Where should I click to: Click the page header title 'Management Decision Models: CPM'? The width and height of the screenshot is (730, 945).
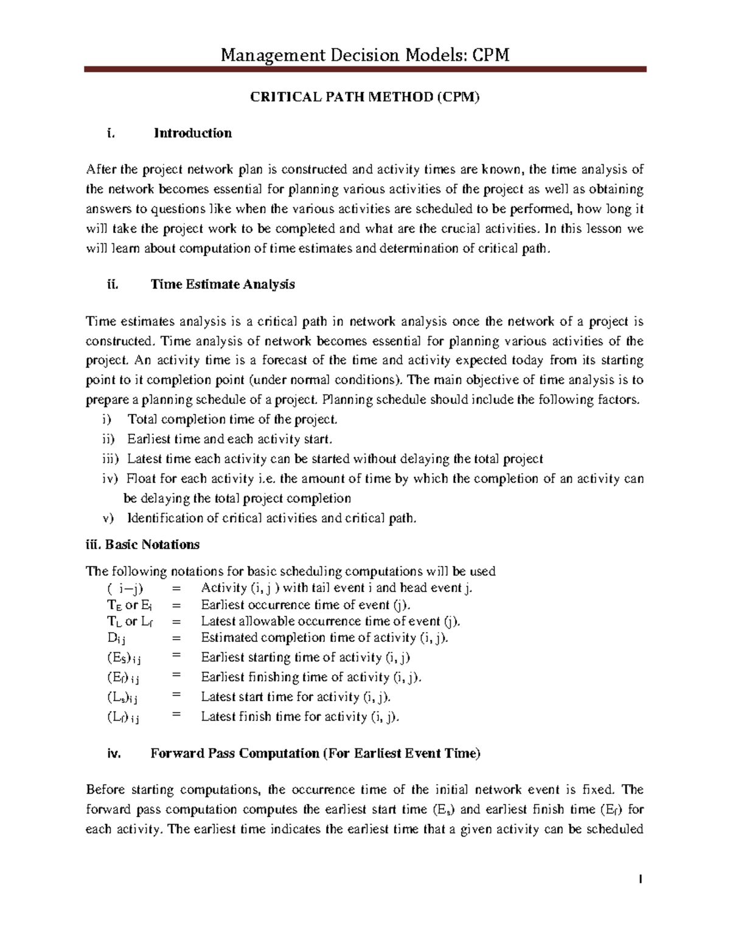364,55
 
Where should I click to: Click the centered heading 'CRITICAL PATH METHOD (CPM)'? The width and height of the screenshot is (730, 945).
365,97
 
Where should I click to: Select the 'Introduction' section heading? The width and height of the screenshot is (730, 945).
192,133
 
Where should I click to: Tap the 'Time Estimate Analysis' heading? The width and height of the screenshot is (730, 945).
223,284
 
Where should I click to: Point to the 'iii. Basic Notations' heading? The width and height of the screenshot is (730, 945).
143,544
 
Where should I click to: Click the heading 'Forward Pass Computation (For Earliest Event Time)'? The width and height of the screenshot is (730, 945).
315,753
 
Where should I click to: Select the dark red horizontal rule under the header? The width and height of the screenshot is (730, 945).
364,71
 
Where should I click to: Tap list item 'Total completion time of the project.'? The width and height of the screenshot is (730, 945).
232,419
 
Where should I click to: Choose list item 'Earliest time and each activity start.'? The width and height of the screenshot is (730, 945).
230,439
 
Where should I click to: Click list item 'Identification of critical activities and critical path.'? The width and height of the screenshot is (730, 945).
272,518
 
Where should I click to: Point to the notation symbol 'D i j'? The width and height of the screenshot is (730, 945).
116,638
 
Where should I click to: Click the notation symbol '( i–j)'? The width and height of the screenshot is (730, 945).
125,588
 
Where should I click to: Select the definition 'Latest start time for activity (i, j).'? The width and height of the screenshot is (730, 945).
296,697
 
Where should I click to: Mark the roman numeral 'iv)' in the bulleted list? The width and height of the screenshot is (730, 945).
109,479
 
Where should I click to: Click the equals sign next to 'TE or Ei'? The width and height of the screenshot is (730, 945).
176,605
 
